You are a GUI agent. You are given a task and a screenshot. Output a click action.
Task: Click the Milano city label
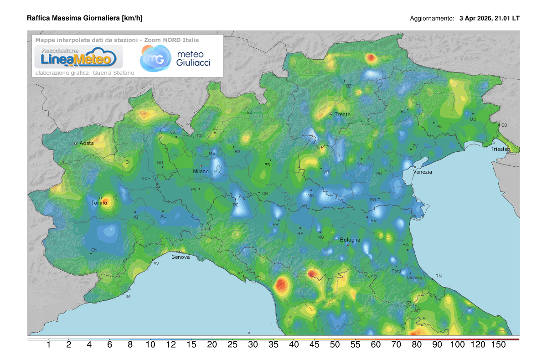pos(201,171)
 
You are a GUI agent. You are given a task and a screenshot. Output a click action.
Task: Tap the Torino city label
pos(99,203)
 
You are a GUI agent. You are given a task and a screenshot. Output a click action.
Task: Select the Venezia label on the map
pos(423,172)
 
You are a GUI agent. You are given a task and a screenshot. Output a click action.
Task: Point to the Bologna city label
pos(350,240)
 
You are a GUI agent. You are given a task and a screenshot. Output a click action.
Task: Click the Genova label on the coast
pos(181,257)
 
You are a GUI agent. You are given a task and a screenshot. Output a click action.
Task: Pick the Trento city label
pos(342,114)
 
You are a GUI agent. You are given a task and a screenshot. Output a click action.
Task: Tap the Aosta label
pos(87,143)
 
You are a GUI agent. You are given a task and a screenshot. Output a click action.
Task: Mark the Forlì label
pos(396,271)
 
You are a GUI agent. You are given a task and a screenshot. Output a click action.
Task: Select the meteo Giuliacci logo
pos(176,58)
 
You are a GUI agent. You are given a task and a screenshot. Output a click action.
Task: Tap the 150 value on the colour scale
pos(499,345)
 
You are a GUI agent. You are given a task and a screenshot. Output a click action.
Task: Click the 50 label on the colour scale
pos(335,345)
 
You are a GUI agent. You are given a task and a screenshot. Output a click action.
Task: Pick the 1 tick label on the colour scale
pos(48,345)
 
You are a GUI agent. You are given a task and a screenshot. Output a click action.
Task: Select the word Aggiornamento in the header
pos(432,19)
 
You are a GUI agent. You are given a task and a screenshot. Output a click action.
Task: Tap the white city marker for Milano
pos(201,166)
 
